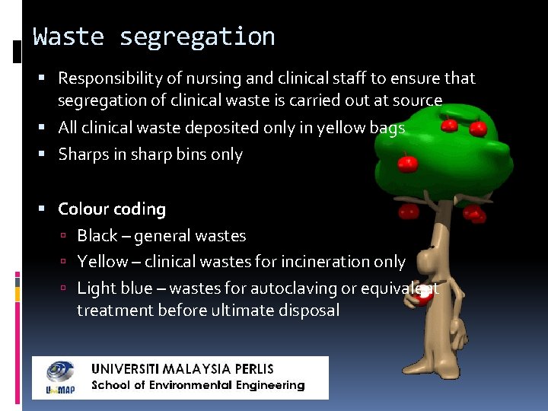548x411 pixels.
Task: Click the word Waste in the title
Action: [x=68, y=37]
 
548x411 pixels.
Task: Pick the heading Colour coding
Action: [x=112, y=209]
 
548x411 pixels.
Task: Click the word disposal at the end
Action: [x=309, y=311]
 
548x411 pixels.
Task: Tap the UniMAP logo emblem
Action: [x=59, y=377]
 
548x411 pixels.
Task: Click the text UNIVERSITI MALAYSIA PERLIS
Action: [x=183, y=369]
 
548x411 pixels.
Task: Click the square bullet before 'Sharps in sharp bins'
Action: [x=47, y=155]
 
